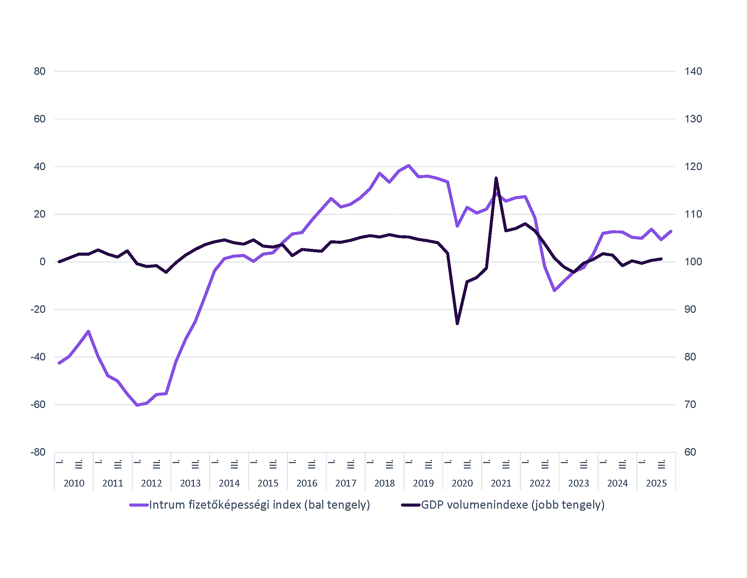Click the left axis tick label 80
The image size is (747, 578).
(40, 71)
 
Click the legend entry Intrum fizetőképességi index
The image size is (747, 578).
(259, 505)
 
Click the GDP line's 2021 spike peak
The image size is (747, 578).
(496, 178)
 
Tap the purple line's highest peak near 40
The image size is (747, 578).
(409, 166)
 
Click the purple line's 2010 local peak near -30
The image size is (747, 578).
(88, 331)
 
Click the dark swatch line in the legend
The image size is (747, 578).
(411, 505)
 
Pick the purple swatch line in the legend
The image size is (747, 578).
(139, 505)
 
